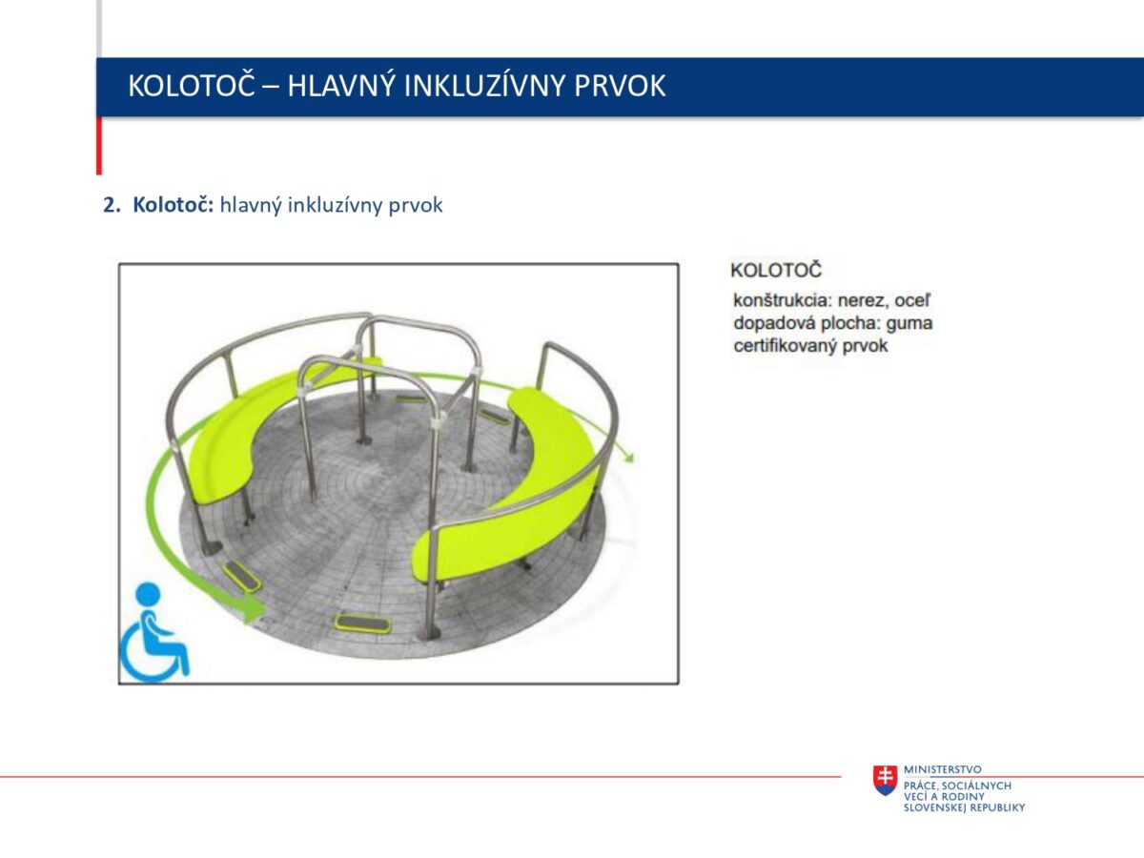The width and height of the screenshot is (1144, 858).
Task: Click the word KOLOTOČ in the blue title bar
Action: point(192,86)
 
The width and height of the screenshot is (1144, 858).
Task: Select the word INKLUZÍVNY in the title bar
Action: point(483,86)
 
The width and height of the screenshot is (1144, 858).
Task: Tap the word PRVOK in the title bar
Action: point(620,86)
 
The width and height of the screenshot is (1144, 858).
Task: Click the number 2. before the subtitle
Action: point(112,205)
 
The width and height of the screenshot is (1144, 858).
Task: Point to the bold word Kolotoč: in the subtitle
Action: point(174,205)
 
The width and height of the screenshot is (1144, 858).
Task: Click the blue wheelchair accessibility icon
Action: point(154,632)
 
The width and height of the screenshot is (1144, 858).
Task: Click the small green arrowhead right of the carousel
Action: point(629,458)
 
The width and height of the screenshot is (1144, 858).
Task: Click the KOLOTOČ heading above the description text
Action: point(776,271)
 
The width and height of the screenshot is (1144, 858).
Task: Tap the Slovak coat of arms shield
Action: point(885,780)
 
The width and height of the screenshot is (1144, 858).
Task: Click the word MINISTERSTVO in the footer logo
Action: point(942,769)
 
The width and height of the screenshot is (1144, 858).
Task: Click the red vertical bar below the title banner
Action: point(99,146)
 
